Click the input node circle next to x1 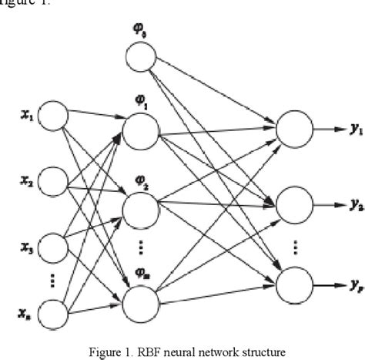pos(53,117)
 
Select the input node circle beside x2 pos(53,182)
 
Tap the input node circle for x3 pos(53,247)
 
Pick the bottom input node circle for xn pos(53,312)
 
